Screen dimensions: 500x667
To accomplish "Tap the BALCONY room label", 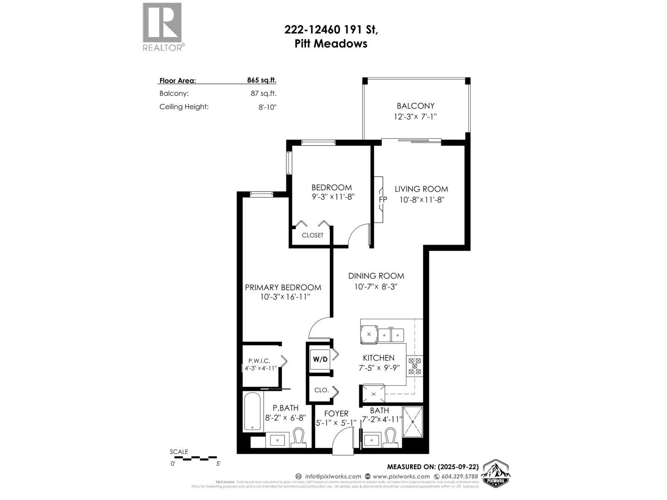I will coord(415,106).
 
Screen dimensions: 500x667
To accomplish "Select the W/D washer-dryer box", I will coord(320,359).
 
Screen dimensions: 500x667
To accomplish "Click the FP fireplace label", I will coord(383,199).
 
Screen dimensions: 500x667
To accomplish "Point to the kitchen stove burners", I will coord(415,365).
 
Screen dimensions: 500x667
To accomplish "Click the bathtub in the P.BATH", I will coord(252,411).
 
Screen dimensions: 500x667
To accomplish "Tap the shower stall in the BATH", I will coord(413,422).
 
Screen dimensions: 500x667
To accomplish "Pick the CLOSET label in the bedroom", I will coord(313,235).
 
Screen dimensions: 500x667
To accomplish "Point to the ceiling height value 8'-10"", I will coord(267,107).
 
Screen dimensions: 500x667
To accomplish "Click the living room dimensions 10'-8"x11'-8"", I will coord(422,200).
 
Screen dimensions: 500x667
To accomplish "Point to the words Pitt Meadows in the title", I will coord(331,44).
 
